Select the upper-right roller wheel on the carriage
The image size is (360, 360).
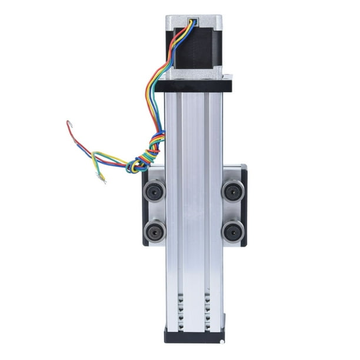(233, 191)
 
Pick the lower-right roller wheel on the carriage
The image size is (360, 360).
(233, 231)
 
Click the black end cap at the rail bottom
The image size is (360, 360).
(194, 336)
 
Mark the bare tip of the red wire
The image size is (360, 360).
(69, 124)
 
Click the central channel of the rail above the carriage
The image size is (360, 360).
(194, 129)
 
